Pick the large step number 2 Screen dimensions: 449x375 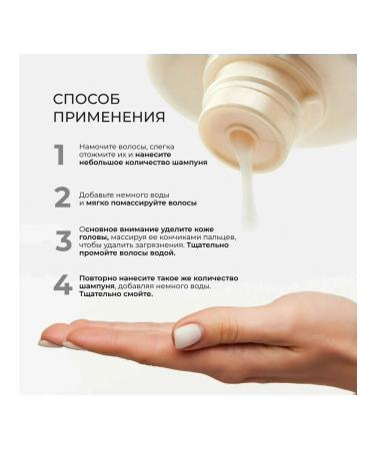point(62,197)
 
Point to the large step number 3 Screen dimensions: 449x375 point(62,240)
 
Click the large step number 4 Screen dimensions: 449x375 point(62,285)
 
